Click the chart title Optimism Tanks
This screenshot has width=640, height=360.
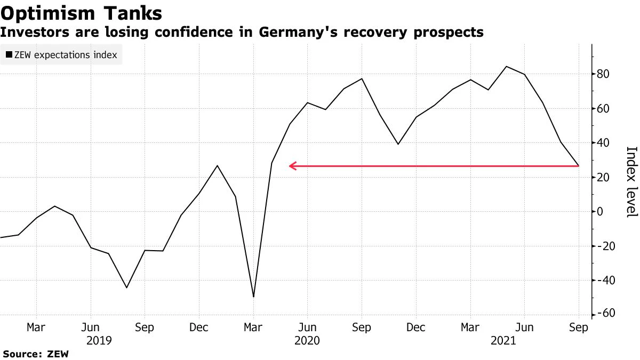click(x=81, y=12)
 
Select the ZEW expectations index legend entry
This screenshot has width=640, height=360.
click(x=61, y=55)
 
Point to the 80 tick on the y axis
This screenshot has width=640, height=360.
click(x=606, y=74)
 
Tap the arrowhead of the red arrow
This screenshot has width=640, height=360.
click(x=291, y=166)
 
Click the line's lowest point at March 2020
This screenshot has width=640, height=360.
click(x=253, y=297)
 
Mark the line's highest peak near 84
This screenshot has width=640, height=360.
click(x=506, y=67)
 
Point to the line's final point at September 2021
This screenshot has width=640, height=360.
click(x=579, y=166)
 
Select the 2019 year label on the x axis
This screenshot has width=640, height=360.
click(x=99, y=340)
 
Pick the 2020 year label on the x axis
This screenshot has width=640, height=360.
click(x=307, y=340)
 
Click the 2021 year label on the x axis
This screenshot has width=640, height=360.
click(x=505, y=340)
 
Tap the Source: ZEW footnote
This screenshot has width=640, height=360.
click(x=36, y=354)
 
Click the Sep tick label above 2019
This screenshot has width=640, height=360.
click(x=145, y=327)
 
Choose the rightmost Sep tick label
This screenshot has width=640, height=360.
click(x=579, y=327)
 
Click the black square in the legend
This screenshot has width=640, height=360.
click(x=9, y=55)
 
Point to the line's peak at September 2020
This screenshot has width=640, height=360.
click(x=362, y=79)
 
